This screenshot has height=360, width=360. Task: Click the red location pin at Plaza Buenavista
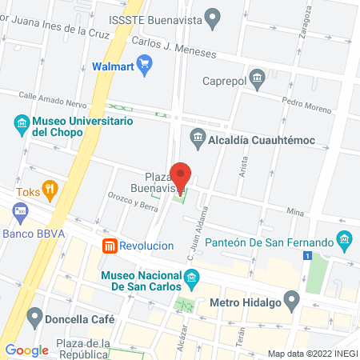pos(181,176)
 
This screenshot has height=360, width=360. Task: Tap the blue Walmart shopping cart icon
pos(144,66)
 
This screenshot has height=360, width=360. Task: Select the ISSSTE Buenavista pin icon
pos(213,16)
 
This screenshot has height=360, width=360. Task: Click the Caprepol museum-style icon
pos(257,77)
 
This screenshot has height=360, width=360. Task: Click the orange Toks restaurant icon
pos(50,190)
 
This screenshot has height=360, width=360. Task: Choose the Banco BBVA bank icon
pos(21,214)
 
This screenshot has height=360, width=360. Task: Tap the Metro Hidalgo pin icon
pos(291,302)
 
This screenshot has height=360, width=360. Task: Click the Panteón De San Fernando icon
pos(345,241)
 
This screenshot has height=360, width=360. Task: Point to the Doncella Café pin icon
pos(34,318)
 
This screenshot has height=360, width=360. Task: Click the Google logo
pos(26,350)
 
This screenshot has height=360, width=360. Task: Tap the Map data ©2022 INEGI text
pos(311,353)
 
